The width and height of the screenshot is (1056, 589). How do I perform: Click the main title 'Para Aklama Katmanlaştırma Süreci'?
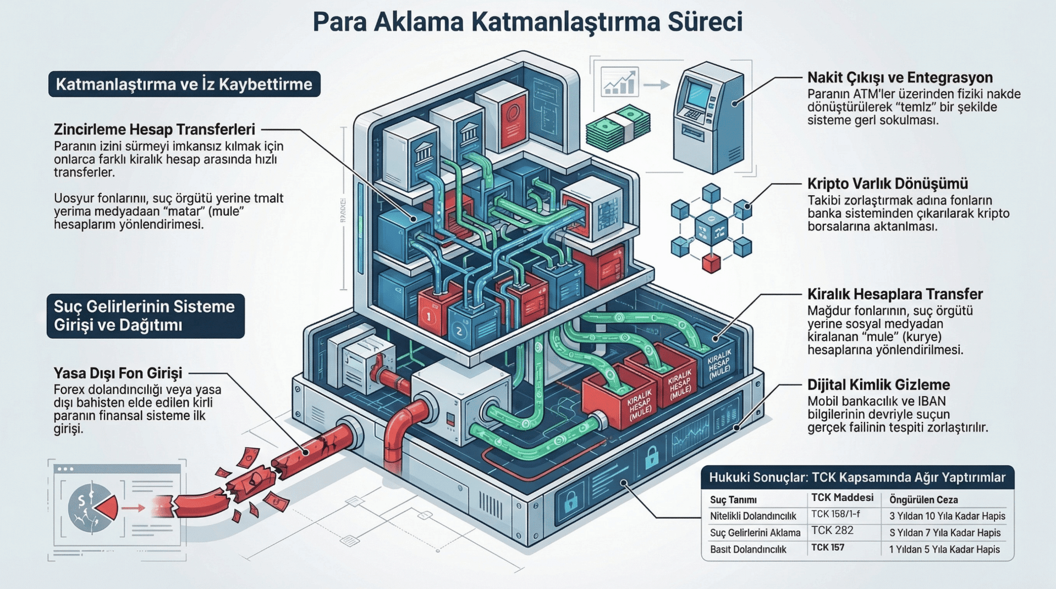click(527, 22)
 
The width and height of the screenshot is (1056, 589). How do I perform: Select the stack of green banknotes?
click(618, 128)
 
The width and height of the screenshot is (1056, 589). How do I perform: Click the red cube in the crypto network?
click(711, 263)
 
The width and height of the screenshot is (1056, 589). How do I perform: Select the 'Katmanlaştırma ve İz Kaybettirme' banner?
click(184, 84)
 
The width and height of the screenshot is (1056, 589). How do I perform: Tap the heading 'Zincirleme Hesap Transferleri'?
click(155, 130)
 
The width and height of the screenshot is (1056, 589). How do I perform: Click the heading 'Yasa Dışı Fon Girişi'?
click(118, 373)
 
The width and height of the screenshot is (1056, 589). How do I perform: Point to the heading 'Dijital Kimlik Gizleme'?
click(878, 385)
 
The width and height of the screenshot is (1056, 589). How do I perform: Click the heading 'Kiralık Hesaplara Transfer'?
click(895, 294)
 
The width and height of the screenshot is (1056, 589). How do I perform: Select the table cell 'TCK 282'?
click(832, 531)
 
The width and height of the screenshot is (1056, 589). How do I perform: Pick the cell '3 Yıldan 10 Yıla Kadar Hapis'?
click(947, 516)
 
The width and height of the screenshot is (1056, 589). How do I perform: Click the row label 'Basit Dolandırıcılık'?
click(748, 549)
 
